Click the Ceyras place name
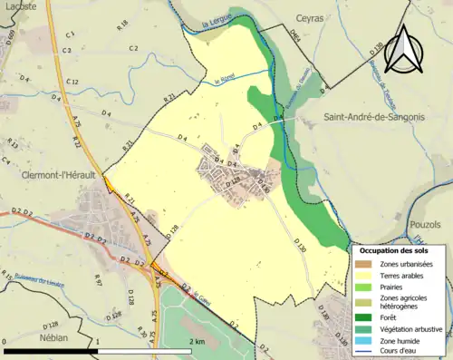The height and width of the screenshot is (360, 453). coord(309,17)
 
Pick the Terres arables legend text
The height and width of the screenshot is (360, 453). coord(404,275)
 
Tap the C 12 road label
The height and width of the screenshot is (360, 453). coord(73,83)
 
